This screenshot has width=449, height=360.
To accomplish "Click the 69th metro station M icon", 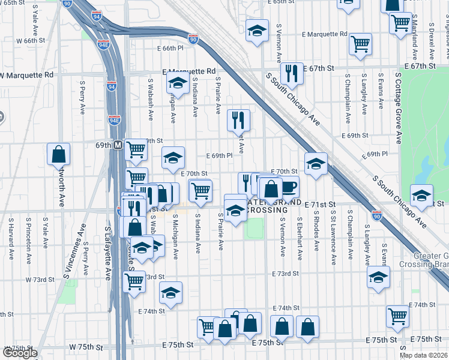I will click(x=118, y=145).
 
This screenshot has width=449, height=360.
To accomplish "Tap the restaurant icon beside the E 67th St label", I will click(x=292, y=74).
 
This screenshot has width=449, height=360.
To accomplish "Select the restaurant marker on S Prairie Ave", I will click(x=238, y=120).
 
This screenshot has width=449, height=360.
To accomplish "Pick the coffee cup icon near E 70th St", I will click(x=289, y=187).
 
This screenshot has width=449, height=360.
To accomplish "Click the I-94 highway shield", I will click(x=112, y=87).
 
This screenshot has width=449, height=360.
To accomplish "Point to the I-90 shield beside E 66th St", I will click(x=193, y=39).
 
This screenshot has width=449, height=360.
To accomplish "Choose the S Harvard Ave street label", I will click(x=10, y=238).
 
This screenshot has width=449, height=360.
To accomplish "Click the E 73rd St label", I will click(x=285, y=274).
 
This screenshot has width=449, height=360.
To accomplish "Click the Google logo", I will click(x=19, y=353).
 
